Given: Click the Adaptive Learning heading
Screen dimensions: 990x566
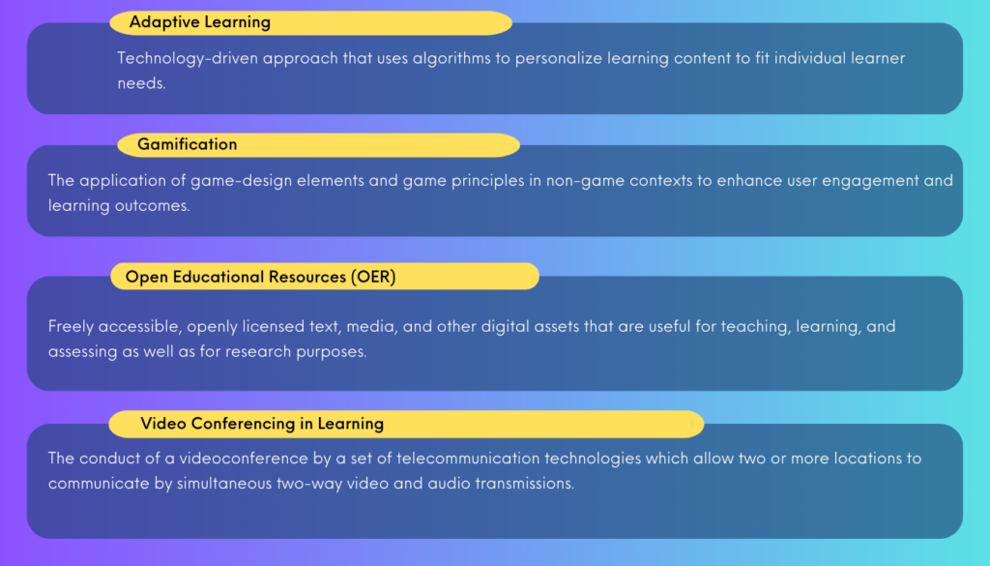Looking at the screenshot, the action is click(199, 22).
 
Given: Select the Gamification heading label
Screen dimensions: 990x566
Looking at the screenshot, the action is click(188, 144).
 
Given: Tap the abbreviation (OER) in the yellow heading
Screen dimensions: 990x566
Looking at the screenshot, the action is click(374, 277).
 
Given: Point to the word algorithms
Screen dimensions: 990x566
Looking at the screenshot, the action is click(451, 59).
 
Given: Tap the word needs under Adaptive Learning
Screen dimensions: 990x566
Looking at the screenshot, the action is click(140, 83).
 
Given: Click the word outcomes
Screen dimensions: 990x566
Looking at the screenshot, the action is click(152, 206).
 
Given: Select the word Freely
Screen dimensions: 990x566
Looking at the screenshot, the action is click(72, 327).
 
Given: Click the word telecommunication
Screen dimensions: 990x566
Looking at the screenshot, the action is click(468, 458).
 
